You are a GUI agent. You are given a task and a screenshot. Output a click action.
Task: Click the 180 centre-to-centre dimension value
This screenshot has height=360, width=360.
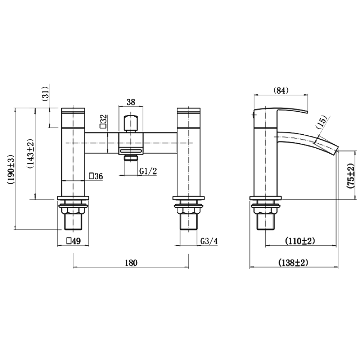[x=131, y=263]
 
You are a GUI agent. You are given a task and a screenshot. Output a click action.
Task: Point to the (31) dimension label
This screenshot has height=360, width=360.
[x=45, y=94]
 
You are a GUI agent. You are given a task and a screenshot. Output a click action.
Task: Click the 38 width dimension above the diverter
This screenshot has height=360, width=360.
[x=131, y=102]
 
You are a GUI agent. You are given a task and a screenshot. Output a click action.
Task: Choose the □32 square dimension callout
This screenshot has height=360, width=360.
[x=103, y=122]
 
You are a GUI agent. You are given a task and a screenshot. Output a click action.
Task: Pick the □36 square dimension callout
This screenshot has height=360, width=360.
[x=96, y=176]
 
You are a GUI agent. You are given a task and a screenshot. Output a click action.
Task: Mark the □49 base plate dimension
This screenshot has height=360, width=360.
[x=73, y=241]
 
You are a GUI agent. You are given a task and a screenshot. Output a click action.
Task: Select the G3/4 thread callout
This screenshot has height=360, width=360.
[x=209, y=241]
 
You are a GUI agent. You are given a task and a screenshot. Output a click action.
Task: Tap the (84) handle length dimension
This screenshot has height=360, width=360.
[x=281, y=90]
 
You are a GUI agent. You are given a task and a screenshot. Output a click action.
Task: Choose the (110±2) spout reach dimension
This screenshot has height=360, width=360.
[x=300, y=241]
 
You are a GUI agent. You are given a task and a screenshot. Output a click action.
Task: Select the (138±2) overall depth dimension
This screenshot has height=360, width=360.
[x=294, y=263]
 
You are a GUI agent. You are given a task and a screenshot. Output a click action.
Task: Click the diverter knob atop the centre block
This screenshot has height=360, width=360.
[x=131, y=122]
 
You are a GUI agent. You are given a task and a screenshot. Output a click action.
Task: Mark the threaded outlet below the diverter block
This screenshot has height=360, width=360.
[x=131, y=157]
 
